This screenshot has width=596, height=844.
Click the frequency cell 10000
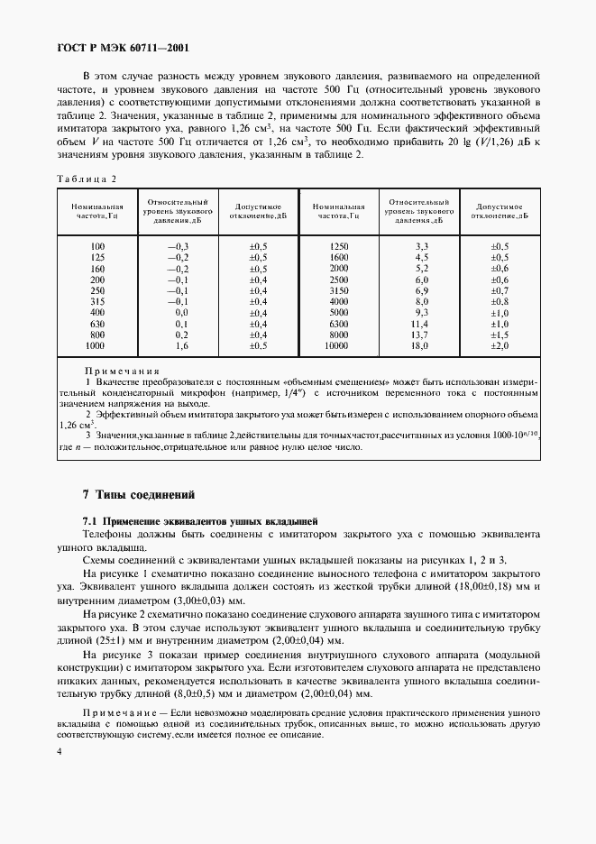pos(337,345)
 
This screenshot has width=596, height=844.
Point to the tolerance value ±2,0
pos(500,345)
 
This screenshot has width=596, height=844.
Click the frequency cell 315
pos(96,302)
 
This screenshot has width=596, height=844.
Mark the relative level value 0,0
pos(181,311)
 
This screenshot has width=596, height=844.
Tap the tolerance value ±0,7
pos(500,290)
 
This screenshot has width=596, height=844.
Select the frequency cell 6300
pos(338,323)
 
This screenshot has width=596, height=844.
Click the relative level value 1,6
pos(181,345)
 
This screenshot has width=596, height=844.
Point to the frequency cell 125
pos(96,257)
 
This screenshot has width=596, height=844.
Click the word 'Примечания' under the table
pos(122,371)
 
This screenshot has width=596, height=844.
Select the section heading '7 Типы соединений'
pos(138,495)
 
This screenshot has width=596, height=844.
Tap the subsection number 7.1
pos(90,522)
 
